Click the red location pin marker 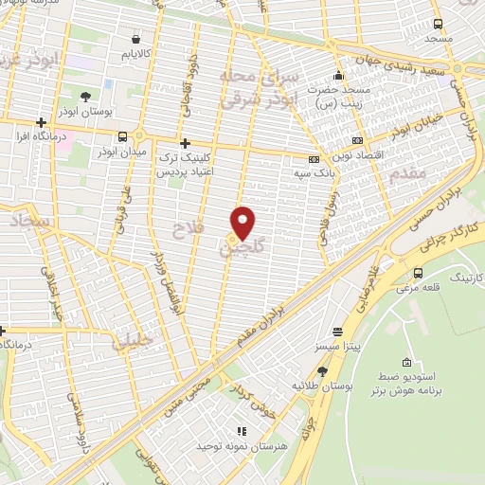pos(243,222)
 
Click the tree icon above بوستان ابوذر pos(86,97)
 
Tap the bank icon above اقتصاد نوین pos(356,140)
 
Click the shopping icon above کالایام pos(138,40)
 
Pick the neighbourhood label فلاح pos(186,228)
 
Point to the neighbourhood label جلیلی pos(133,343)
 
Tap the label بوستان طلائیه pos(317,386)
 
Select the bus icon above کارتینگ pos(418,273)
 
